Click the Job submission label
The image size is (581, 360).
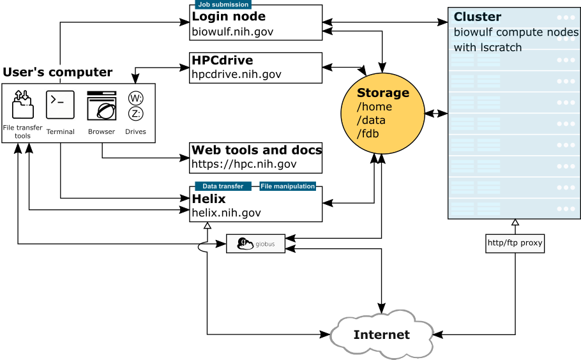[x=222, y=4]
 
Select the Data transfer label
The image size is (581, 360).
[x=222, y=186]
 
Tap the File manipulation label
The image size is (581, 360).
[x=287, y=186]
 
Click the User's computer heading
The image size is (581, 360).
[x=57, y=72]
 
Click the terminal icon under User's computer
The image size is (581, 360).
[x=60, y=105]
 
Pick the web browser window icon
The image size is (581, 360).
[x=102, y=106]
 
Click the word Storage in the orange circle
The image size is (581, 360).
[x=383, y=93]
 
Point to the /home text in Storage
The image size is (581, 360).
[x=374, y=107]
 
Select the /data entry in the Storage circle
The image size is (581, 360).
[x=371, y=120]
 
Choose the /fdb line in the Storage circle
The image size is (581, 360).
[x=369, y=133]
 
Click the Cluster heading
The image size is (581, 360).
[x=478, y=17]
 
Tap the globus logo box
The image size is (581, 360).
[x=255, y=244]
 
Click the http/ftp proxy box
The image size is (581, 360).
[x=515, y=243]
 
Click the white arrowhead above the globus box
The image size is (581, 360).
[x=207, y=226]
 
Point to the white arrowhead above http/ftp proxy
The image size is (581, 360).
[x=515, y=223]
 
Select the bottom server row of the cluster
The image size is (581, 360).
[x=514, y=209]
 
